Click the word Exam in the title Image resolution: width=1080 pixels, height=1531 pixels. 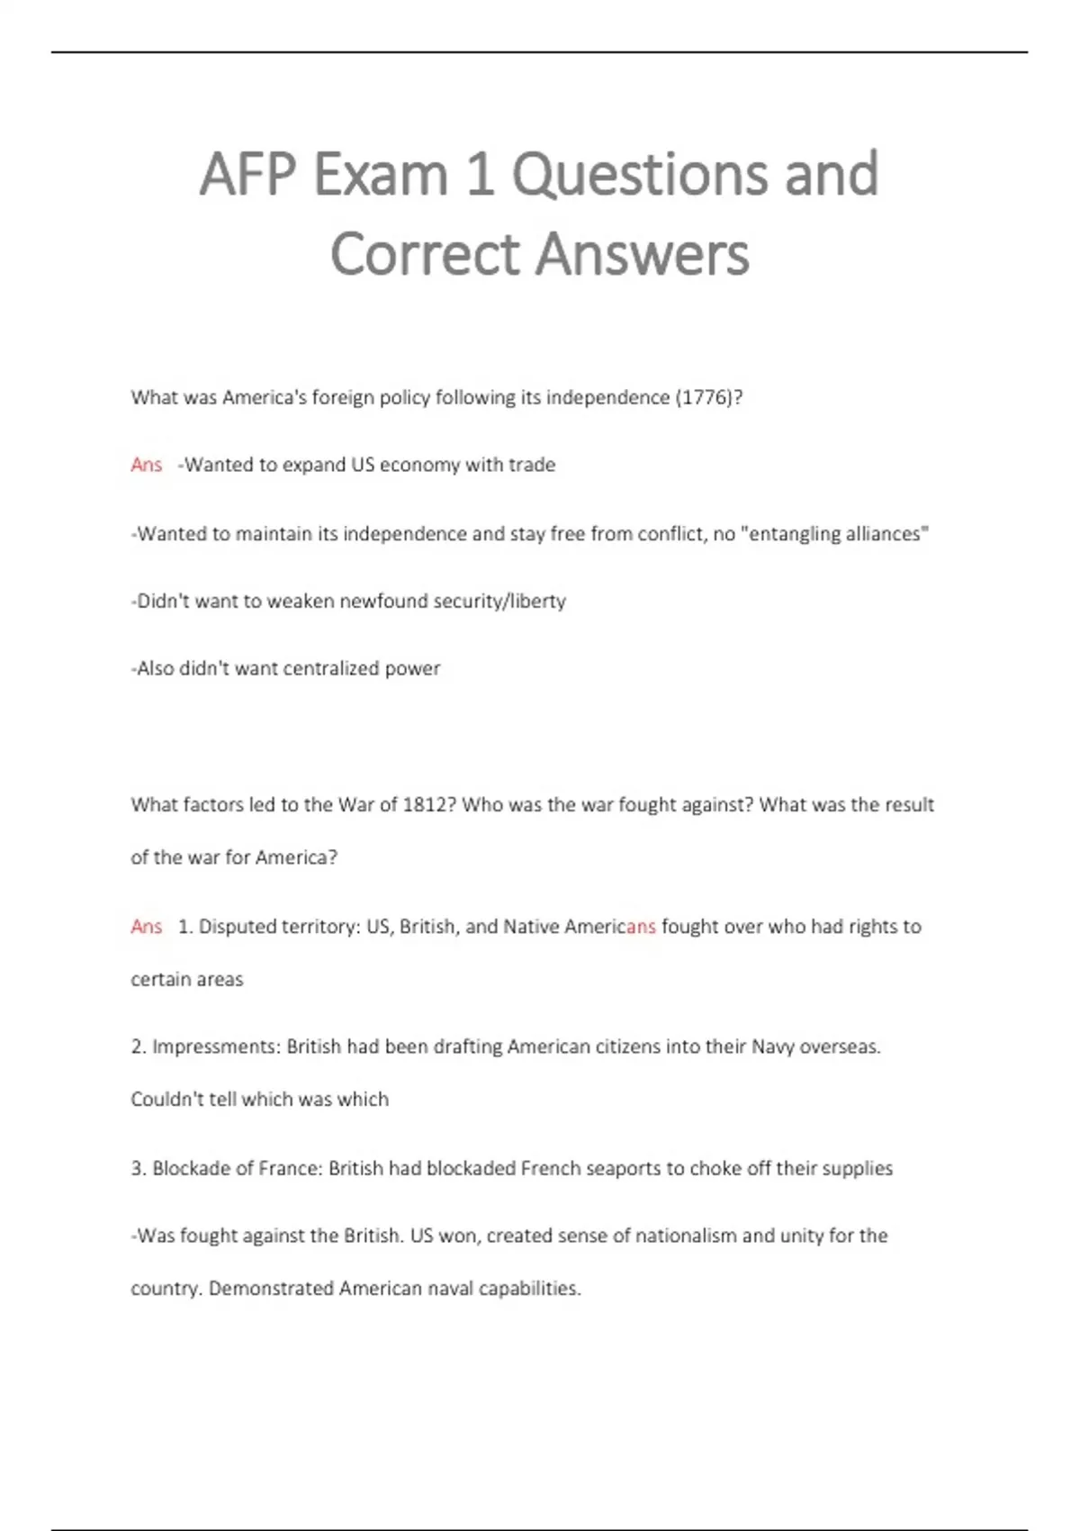coord(380,174)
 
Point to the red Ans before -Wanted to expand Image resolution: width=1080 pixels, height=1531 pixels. coord(147,466)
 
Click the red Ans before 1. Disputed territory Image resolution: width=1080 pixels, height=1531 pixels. coord(147,927)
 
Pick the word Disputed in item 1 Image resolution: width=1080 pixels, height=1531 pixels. coord(237,927)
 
